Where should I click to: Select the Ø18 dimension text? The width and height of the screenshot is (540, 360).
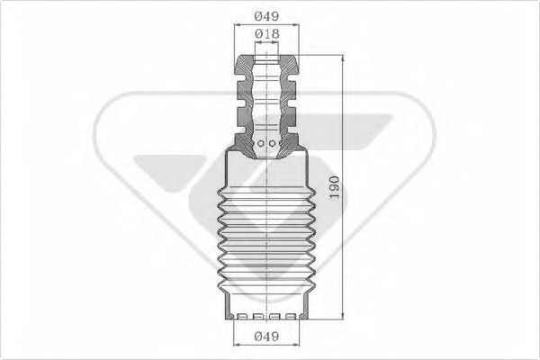(266, 33)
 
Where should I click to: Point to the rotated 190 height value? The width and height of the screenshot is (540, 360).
(335, 188)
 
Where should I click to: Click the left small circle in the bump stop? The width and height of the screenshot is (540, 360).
(260, 142)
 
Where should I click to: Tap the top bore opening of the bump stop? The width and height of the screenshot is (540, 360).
(267, 59)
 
